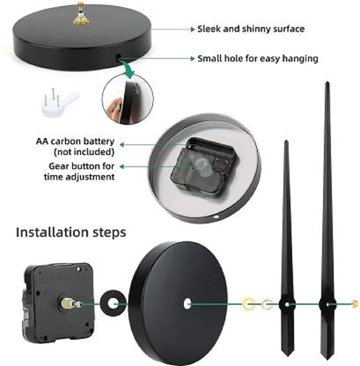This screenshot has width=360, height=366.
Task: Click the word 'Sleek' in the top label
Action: (x=209, y=29)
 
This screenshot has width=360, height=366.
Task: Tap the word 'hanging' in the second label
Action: (x=300, y=58)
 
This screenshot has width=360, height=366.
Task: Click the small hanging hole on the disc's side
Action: (x=118, y=56)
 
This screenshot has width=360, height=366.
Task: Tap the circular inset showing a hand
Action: (x=127, y=100)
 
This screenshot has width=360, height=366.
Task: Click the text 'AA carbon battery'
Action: (x=75, y=141)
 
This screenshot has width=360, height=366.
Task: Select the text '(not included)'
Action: (x=84, y=152)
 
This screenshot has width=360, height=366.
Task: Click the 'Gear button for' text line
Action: (x=82, y=166)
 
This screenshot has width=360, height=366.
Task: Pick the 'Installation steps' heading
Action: (x=71, y=232)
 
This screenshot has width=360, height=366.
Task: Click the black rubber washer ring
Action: (x=111, y=304)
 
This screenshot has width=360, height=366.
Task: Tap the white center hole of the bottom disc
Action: (x=187, y=304)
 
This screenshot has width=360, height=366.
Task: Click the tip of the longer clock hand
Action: (x=327, y=84)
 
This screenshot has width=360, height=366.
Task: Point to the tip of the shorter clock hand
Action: (x=286, y=142)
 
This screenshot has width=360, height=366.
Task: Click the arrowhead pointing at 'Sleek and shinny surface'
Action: (x=192, y=29)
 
